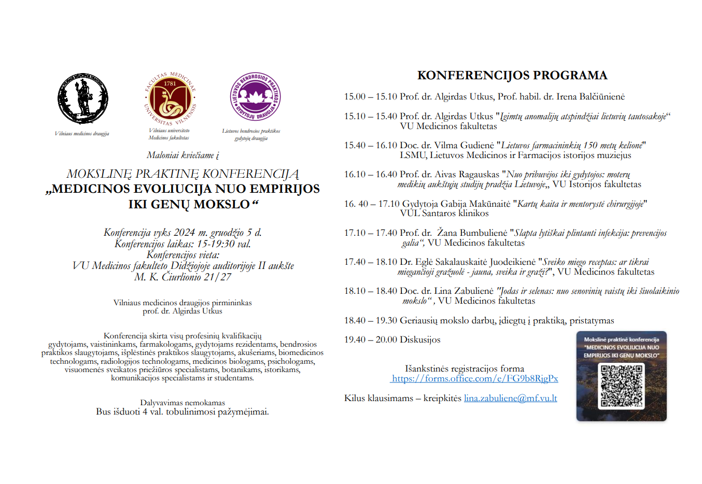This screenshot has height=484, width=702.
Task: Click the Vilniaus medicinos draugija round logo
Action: (83, 98)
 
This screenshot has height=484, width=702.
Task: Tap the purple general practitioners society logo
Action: (255, 97)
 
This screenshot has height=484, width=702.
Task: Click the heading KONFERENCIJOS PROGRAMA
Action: (512, 75)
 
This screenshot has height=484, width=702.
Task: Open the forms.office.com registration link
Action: (474, 379)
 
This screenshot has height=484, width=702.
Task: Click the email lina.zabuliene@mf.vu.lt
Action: (510, 398)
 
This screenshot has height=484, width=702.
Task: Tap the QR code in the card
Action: (622, 386)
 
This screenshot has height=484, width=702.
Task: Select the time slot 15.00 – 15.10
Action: (370, 97)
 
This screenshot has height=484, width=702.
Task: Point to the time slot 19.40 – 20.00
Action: (370, 340)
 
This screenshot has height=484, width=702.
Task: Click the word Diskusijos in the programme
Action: (420, 340)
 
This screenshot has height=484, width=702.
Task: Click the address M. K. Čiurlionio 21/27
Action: (182, 277)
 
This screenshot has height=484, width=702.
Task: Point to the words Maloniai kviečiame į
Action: (182, 155)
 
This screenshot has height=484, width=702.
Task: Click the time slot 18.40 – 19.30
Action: (370, 321)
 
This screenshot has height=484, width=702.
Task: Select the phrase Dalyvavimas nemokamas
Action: (182, 403)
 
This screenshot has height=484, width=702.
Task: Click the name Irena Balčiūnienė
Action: (591, 97)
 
